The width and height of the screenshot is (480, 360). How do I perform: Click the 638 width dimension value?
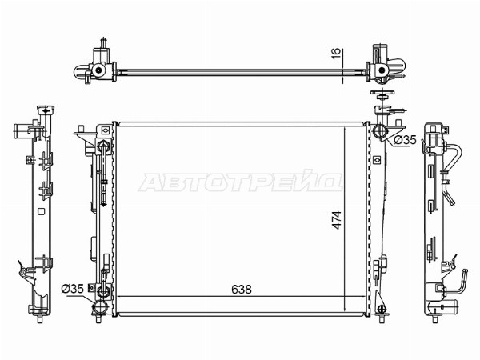point(242,289)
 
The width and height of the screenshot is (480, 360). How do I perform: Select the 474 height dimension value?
point(337,220)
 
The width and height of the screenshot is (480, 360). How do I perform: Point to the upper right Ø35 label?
point(405,140)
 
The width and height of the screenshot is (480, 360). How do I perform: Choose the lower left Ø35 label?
point(72,289)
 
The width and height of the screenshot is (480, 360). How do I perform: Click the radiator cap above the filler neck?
point(382,94)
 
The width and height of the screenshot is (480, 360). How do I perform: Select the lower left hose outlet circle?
point(100,306)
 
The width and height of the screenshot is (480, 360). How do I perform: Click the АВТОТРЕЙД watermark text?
point(241,182)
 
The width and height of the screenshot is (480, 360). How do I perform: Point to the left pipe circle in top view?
point(98,70)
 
